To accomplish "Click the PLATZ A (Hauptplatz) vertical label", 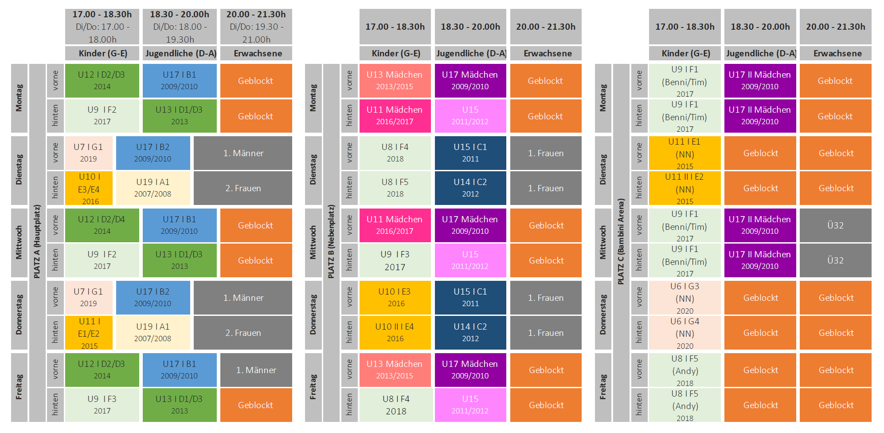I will [x=37, y=242].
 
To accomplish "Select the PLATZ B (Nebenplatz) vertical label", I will [x=331, y=242].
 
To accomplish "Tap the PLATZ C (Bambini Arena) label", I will [x=621, y=242].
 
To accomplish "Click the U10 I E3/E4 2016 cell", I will [x=89, y=189].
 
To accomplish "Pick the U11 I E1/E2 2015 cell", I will [x=89, y=333].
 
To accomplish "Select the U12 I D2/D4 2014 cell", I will [x=102, y=225].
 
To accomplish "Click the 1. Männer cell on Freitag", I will [x=256, y=370].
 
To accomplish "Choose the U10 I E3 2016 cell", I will [x=395, y=297].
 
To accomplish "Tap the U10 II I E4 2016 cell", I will [x=395, y=333].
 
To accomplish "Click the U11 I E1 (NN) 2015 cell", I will [x=685, y=153].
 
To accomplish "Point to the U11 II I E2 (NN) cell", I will [x=685, y=189].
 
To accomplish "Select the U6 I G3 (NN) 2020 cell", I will [x=685, y=298].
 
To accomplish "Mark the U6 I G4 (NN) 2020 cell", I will [x=685, y=333].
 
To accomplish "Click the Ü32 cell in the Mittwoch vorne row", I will [x=835, y=225].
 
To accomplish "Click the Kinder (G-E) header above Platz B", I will [x=395, y=53].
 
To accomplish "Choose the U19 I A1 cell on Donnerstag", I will [x=153, y=333].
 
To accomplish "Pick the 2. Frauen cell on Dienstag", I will [x=243, y=188].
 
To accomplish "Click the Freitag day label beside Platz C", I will [x=602, y=387].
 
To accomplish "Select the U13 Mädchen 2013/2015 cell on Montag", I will [x=395, y=80].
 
